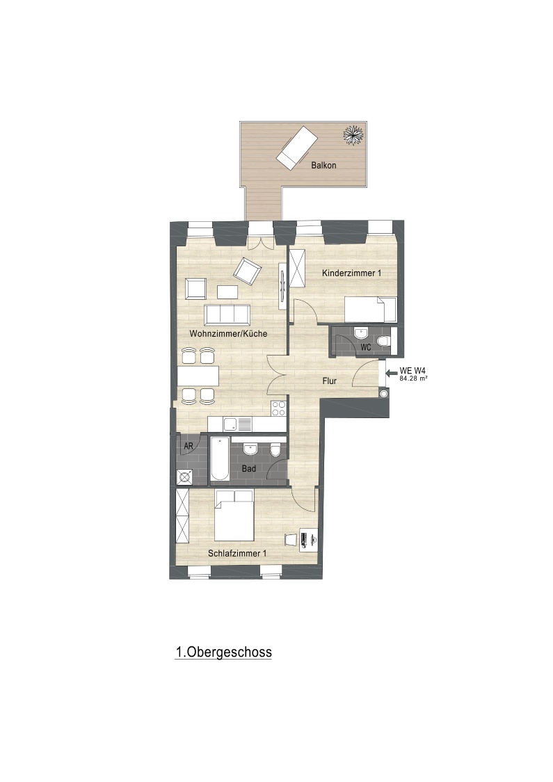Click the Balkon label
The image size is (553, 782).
[323, 165]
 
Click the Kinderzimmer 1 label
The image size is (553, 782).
[351, 273]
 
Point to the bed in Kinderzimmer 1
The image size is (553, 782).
[371, 310]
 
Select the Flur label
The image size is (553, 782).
[329, 381]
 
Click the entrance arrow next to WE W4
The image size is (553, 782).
[392, 372]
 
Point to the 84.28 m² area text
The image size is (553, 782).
[413, 378]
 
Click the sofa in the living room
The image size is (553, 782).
[227, 314]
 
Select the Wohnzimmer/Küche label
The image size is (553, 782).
[228, 334]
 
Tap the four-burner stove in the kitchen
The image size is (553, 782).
[278, 408]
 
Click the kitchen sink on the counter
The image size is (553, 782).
[238, 425]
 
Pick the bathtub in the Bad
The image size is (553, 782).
[219, 459]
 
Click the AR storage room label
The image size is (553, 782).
[188, 447]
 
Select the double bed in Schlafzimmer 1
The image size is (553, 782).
[234, 515]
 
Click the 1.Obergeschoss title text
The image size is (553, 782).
[223, 653]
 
